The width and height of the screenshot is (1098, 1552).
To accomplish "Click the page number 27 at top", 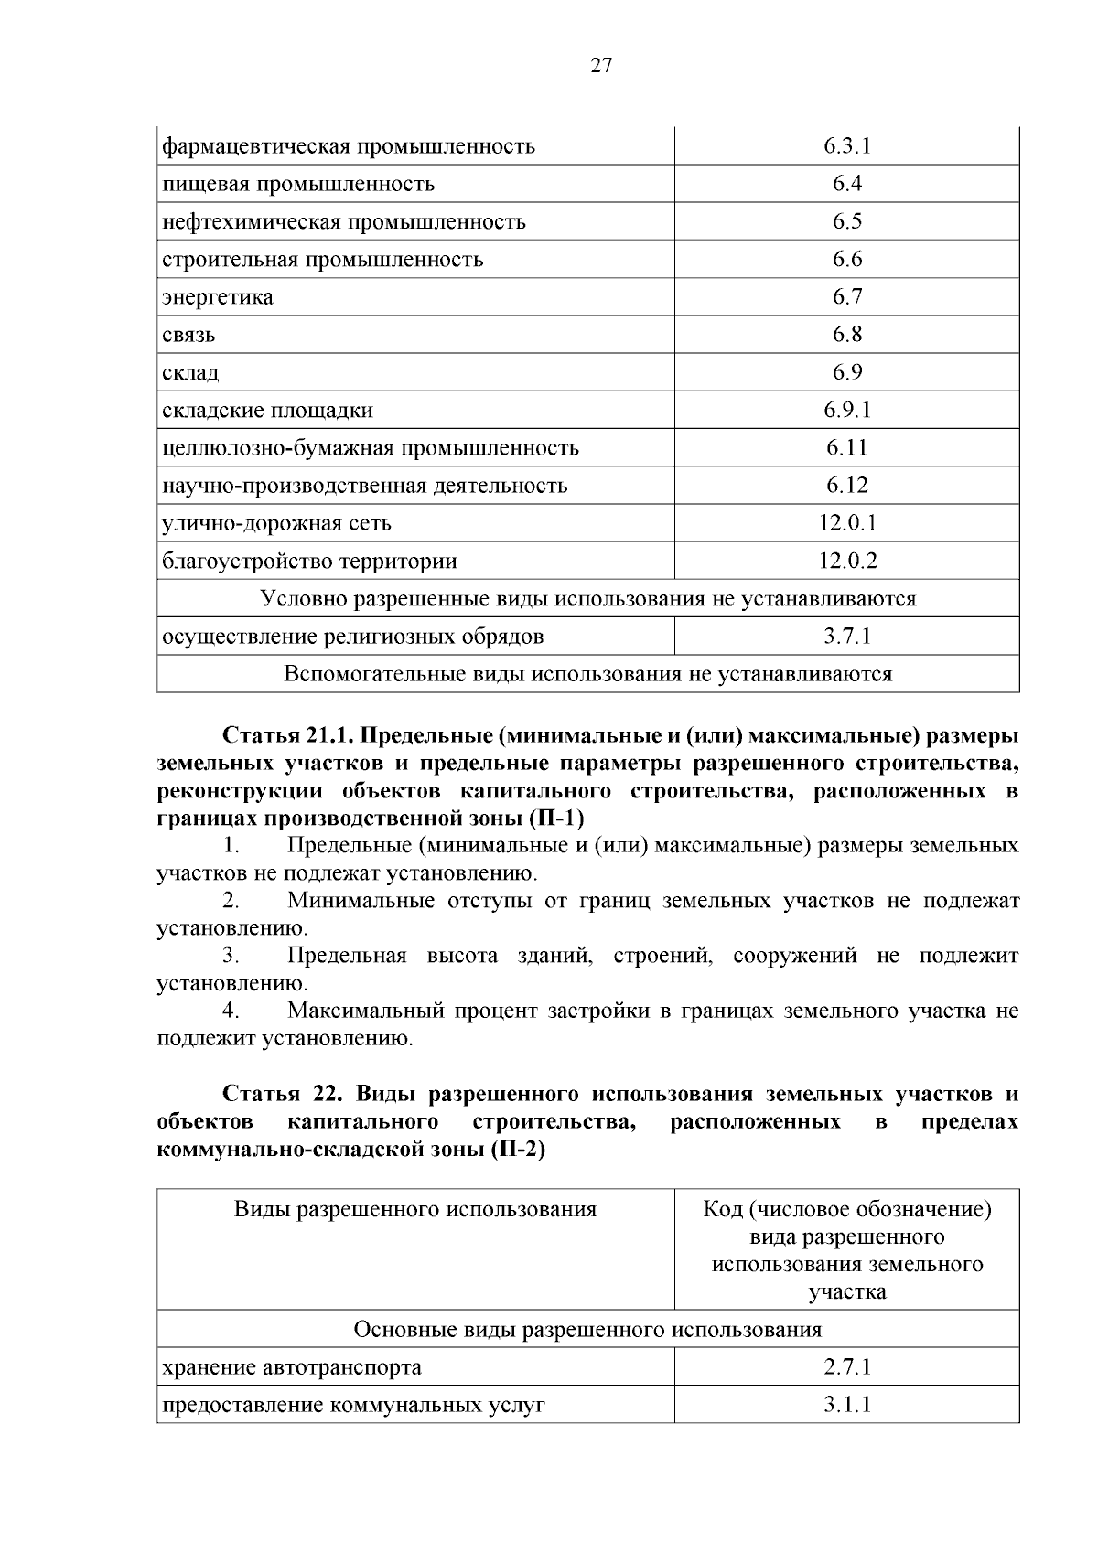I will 601,65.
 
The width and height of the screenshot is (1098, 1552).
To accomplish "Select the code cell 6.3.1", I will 846,146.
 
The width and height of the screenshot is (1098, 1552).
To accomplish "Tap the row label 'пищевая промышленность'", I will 298,185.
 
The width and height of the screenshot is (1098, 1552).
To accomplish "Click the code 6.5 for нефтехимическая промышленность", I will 846,221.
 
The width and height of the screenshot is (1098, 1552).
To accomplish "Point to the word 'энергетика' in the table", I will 218,297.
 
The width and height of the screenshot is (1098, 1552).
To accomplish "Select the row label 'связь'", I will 188,335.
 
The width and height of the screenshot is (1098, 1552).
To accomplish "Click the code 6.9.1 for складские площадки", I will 846,410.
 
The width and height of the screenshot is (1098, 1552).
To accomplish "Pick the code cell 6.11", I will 846,447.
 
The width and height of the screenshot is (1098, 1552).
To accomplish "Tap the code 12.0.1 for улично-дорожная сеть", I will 846,523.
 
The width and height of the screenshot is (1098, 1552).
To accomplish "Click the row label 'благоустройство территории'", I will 309,562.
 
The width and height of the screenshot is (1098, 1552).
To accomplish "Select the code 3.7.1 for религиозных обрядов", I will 846,637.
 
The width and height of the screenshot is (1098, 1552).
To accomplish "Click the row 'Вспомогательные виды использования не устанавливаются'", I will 587,675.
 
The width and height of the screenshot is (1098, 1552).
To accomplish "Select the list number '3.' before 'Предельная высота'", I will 231,957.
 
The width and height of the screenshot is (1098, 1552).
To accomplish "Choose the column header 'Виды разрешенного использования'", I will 415,1210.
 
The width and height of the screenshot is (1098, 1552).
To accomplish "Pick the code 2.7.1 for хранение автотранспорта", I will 846,1367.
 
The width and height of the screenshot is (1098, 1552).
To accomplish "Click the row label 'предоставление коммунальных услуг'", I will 353,1406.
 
